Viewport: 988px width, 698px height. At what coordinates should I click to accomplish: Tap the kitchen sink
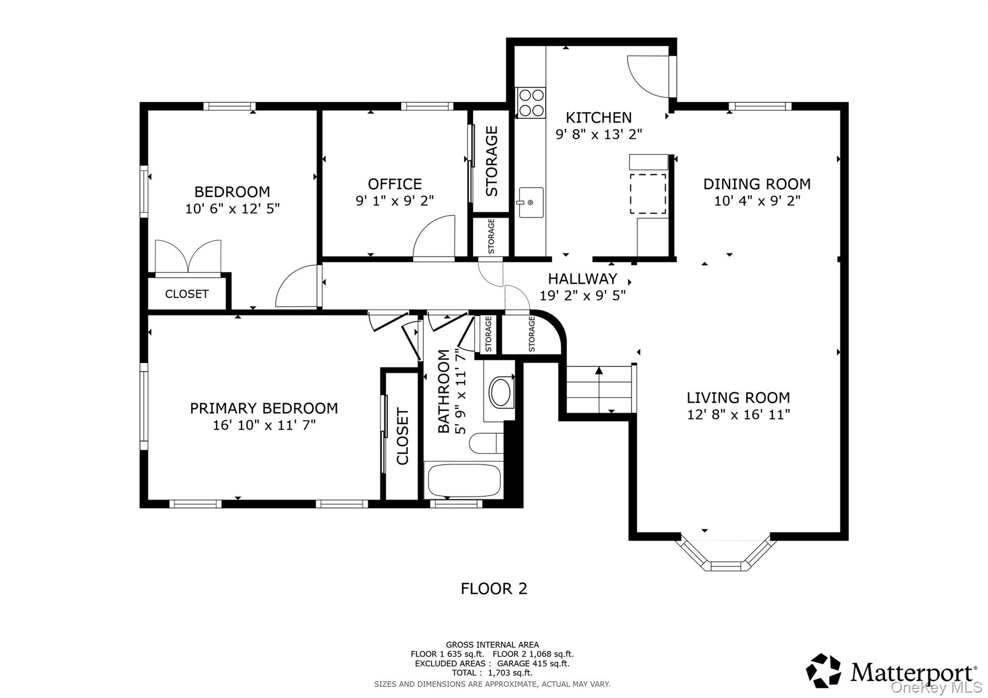pyautogui.click(x=530, y=203)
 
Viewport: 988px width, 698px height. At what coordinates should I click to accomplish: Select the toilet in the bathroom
pyautogui.click(x=486, y=443)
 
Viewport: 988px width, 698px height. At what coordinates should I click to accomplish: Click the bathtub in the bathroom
pyautogui.click(x=464, y=480)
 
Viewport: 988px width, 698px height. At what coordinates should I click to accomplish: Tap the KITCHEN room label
pyautogui.click(x=598, y=118)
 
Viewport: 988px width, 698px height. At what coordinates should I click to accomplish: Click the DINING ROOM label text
pyautogui.click(x=756, y=184)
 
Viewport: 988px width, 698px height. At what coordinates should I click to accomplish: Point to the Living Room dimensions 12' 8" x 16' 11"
pyautogui.click(x=738, y=414)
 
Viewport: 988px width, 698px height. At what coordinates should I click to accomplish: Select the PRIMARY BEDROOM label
pyautogui.click(x=263, y=409)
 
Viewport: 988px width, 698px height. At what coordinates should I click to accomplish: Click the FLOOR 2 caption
pyautogui.click(x=494, y=589)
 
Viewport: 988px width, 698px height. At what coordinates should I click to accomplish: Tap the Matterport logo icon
pyautogui.click(x=823, y=670)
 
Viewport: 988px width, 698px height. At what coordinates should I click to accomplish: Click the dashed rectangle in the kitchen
pyautogui.click(x=648, y=193)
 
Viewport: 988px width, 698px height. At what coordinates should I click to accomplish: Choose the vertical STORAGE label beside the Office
pyautogui.click(x=491, y=161)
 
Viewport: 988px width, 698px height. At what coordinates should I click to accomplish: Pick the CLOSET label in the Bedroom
pyautogui.click(x=187, y=294)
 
